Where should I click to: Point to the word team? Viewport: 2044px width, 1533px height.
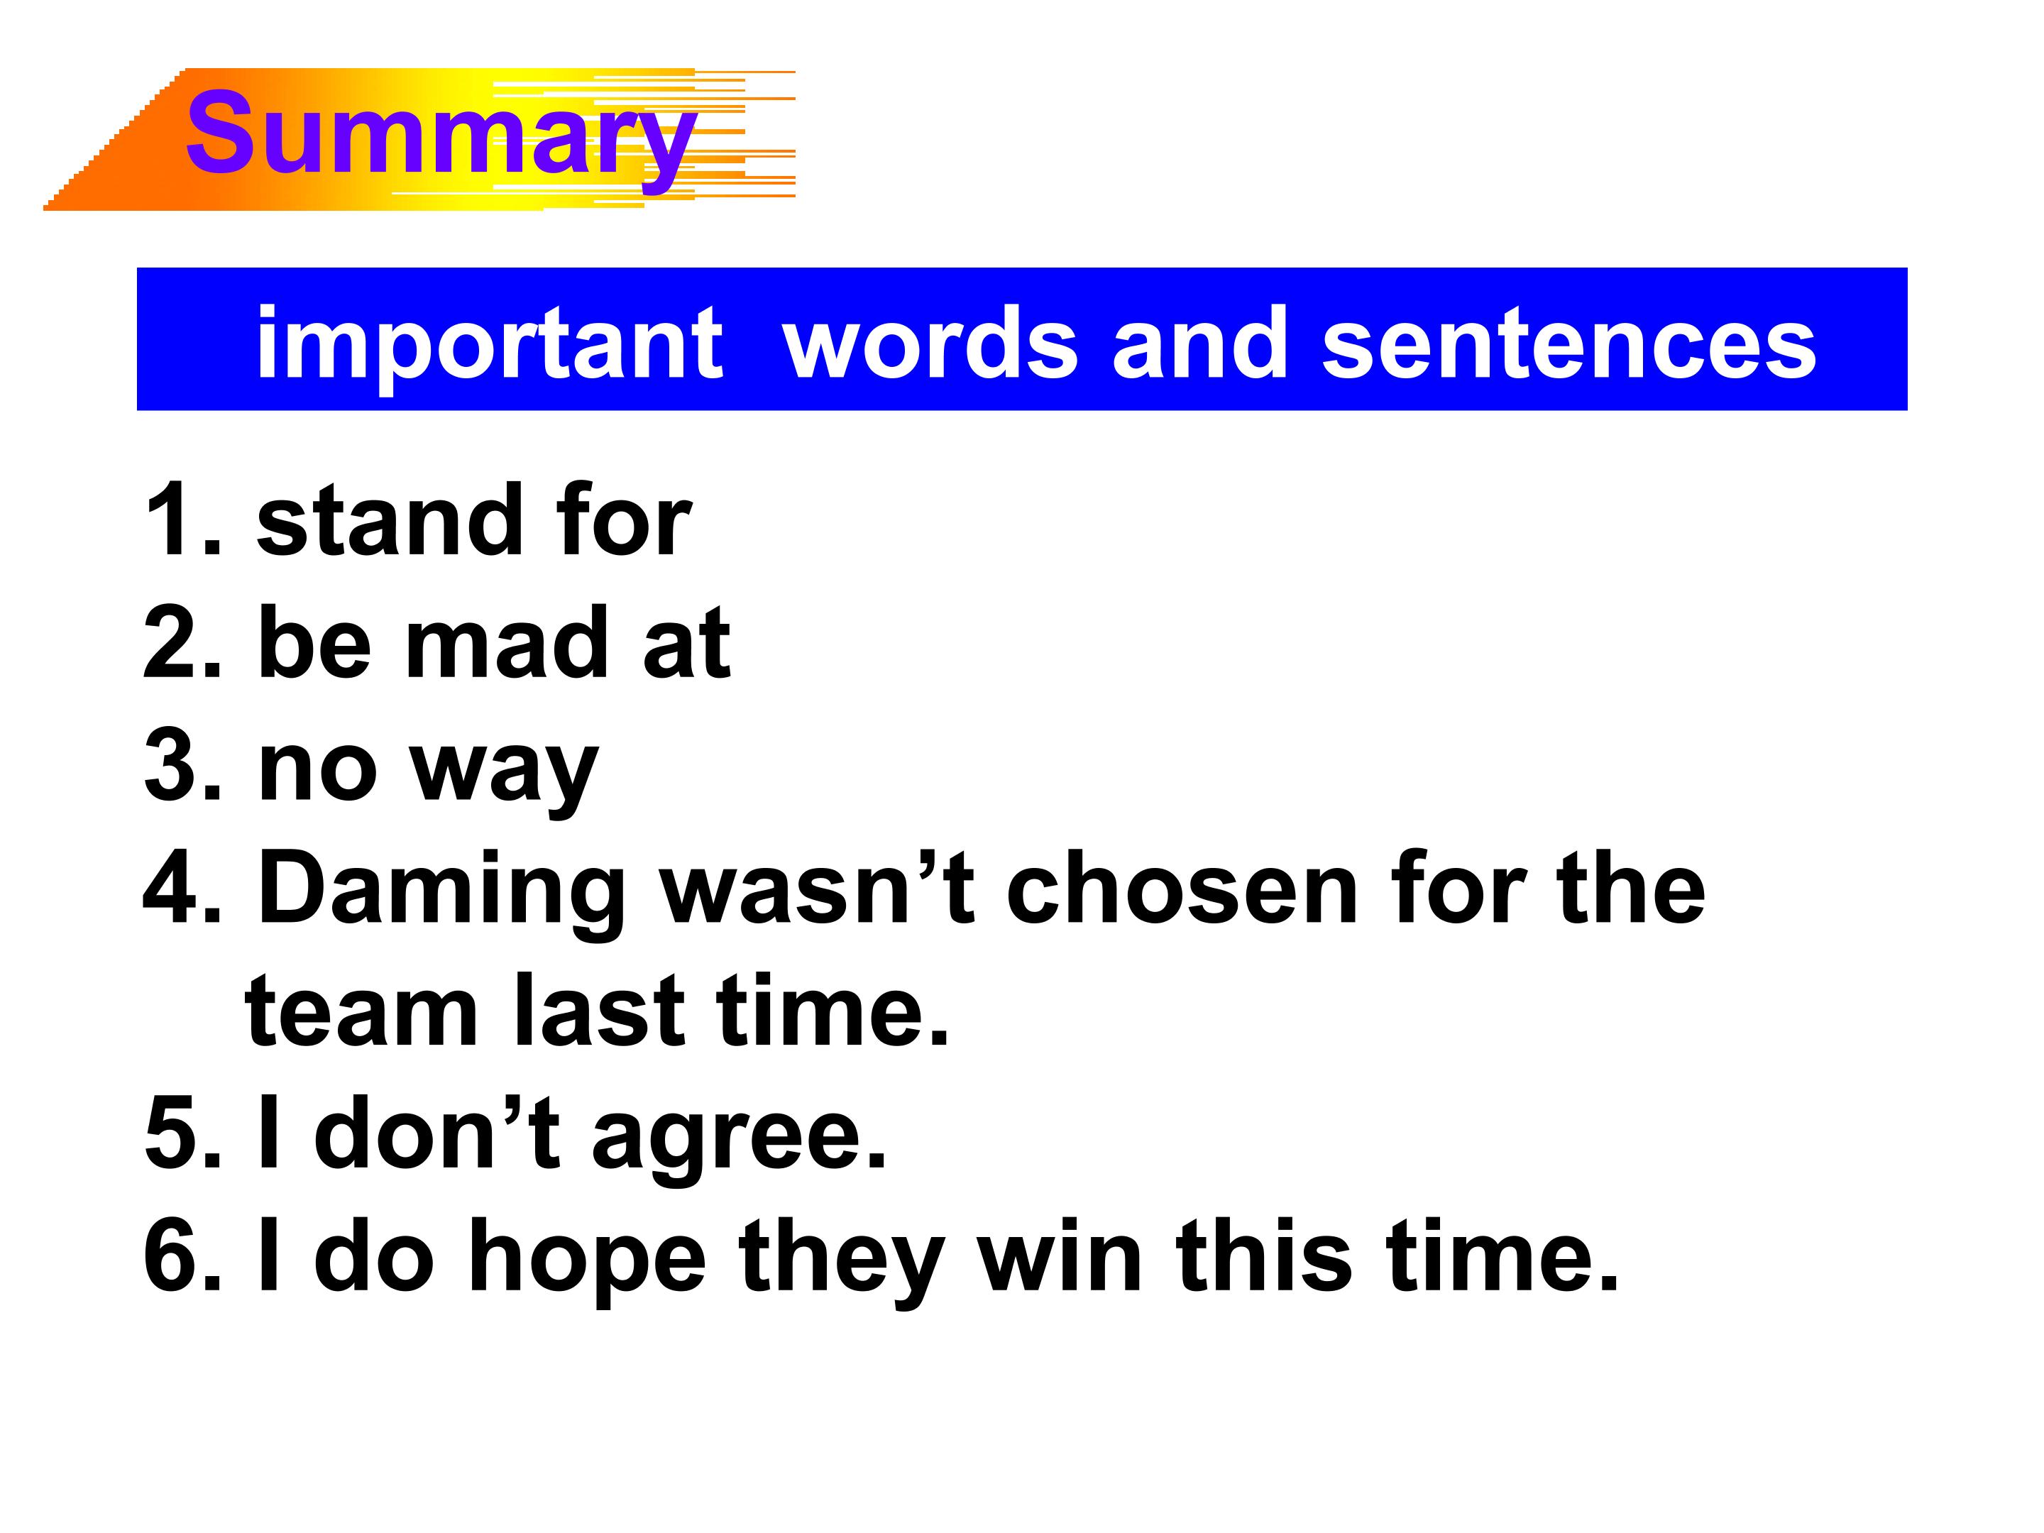pyautogui.click(x=362, y=1012)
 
